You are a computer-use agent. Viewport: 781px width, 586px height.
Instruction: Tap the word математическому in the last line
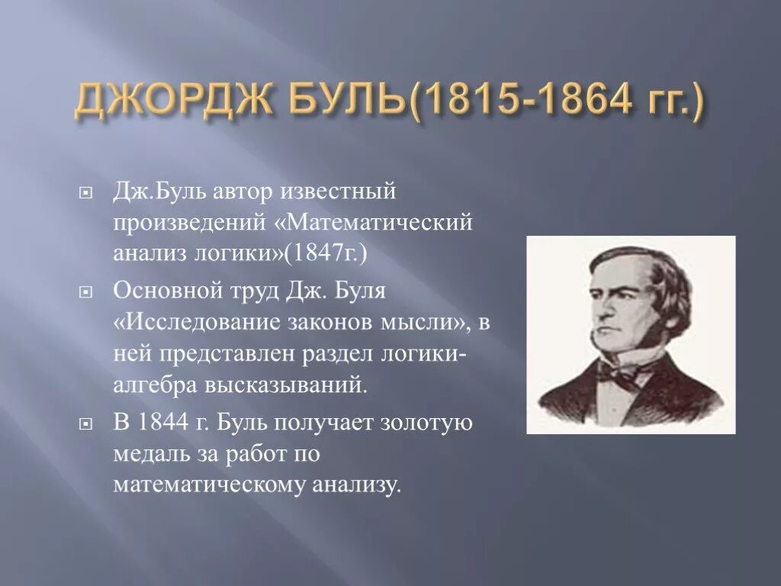coord(207,484)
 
